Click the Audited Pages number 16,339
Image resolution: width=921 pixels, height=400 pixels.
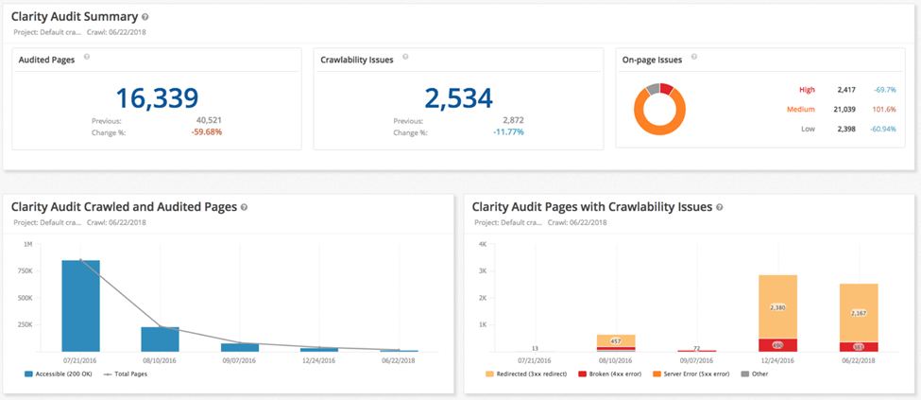[x=157, y=97]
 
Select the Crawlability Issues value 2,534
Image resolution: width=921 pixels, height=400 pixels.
[x=458, y=97]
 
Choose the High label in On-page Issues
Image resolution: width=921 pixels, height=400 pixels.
[x=807, y=90]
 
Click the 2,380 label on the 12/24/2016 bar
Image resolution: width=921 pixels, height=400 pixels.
[x=778, y=307]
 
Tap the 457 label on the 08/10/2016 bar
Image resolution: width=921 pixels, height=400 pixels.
[x=615, y=340]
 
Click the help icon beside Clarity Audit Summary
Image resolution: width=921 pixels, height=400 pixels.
[x=145, y=17]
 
